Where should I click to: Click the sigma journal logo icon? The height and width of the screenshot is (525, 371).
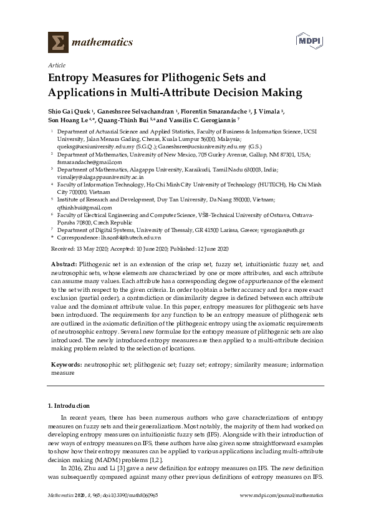coord(57,42)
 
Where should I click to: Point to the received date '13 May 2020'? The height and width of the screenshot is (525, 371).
coord(89,249)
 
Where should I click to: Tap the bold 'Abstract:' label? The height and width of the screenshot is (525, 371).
coord(66,265)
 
